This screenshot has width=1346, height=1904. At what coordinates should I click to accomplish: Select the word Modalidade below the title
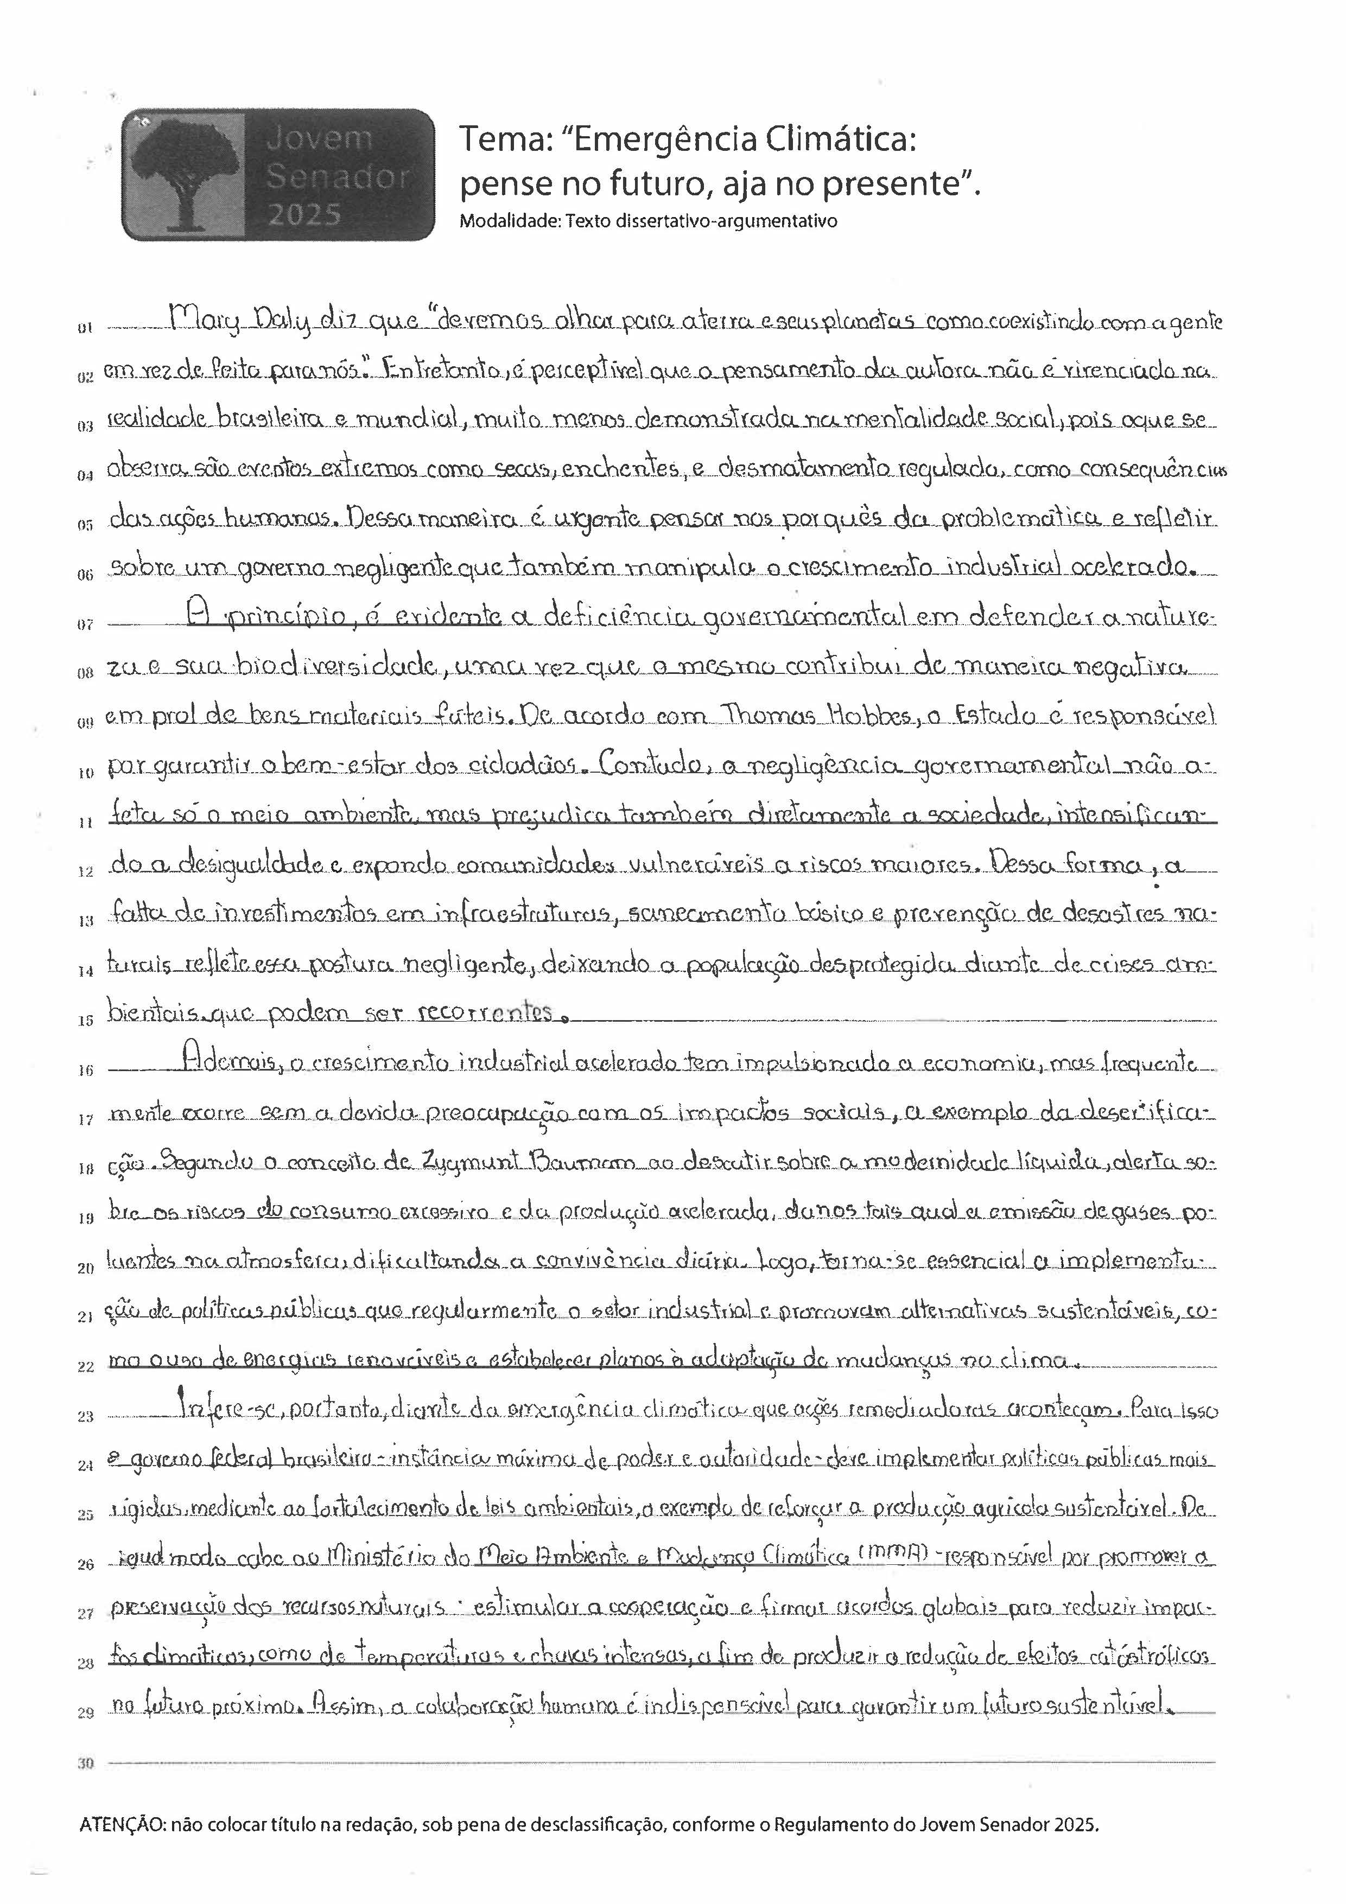pyautogui.click(x=500, y=221)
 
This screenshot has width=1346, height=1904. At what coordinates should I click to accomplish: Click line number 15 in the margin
pyautogui.click(x=85, y=1021)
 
